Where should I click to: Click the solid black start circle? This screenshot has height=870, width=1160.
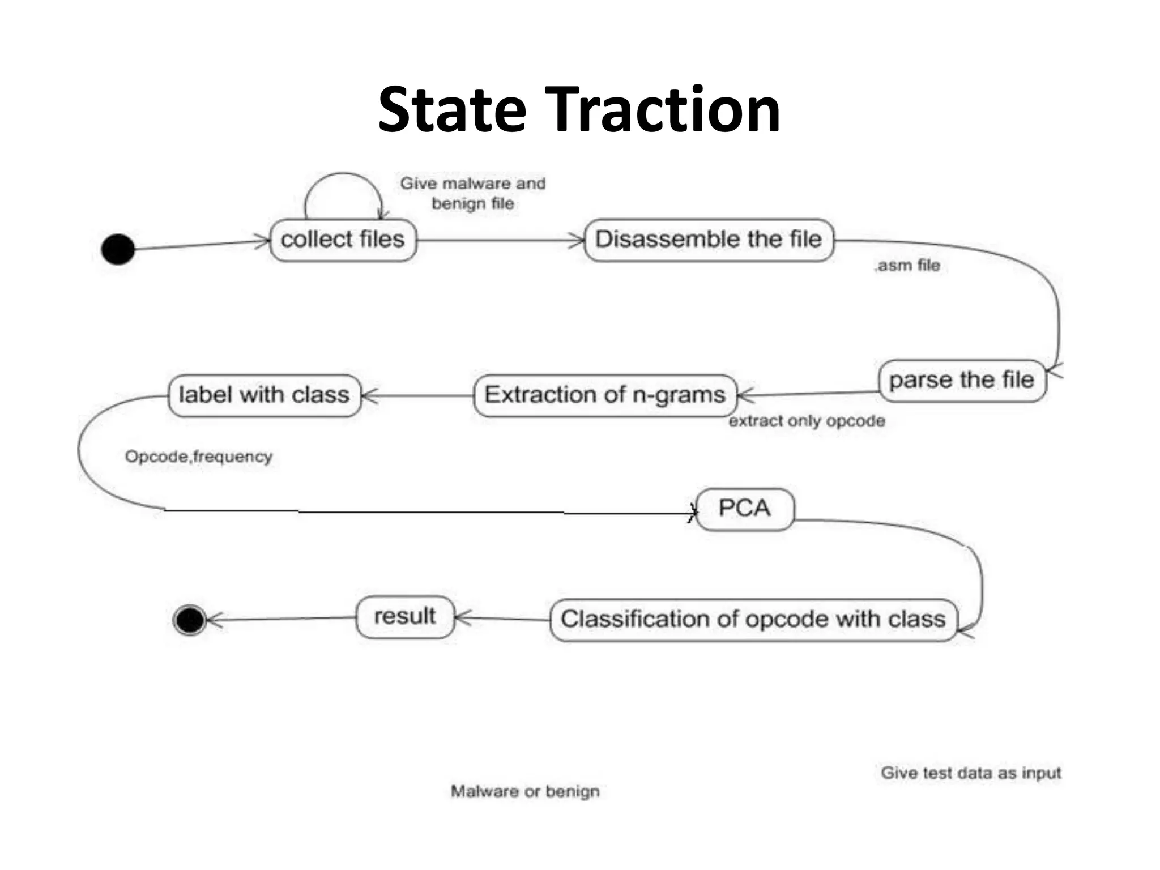tap(118, 249)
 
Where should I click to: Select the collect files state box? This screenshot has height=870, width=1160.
tap(343, 240)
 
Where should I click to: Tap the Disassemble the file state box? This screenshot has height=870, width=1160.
tap(708, 240)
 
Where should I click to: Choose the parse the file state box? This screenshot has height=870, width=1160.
tap(961, 381)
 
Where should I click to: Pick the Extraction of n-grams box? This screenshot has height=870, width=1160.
tap(604, 395)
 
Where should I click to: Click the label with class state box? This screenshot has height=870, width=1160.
tap(264, 395)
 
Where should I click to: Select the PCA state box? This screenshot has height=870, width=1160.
tap(744, 509)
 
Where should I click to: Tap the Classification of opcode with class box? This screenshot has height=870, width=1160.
tap(753, 620)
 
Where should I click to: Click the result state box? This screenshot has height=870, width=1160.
tap(405, 617)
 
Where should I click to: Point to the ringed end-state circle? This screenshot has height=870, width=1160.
tap(190, 620)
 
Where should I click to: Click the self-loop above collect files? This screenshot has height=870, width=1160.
tap(343, 176)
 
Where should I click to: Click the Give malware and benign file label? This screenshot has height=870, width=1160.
tap(473, 193)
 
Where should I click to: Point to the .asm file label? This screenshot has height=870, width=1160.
tap(907, 266)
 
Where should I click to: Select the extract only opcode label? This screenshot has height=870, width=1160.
tap(807, 421)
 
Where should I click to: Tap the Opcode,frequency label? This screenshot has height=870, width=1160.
tap(198, 457)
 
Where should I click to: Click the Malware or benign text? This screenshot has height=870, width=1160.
tap(524, 791)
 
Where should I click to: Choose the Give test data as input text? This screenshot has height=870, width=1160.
tap(970, 773)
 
